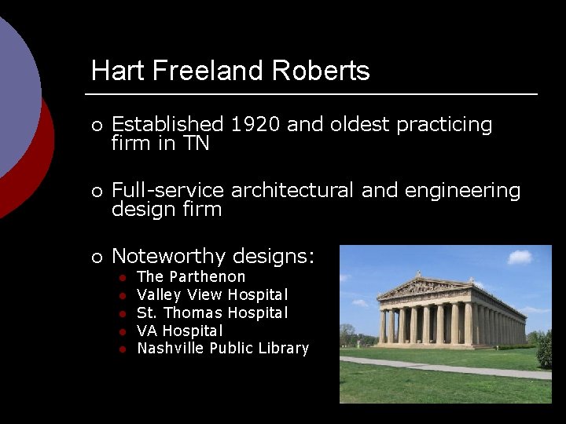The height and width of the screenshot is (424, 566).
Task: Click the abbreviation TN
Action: (194, 144)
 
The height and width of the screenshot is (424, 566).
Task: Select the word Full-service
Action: (167, 191)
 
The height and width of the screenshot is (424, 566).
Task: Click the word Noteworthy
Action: (172, 256)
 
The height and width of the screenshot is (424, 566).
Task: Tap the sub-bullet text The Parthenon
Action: (191, 276)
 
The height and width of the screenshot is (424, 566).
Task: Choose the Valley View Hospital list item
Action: (212, 295)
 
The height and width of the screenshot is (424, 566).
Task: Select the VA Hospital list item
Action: (180, 331)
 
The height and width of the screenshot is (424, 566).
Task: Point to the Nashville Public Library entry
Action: (223, 348)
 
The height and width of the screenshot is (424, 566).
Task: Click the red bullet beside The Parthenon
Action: (123, 277)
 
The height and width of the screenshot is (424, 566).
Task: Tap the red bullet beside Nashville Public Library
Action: (123, 349)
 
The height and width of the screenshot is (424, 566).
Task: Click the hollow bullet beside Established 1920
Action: (96, 126)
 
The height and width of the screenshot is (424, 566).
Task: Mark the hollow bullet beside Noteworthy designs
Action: (96, 258)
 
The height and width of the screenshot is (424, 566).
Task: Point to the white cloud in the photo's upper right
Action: (520, 257)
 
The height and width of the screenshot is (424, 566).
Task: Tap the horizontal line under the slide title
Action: (314, 94)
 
